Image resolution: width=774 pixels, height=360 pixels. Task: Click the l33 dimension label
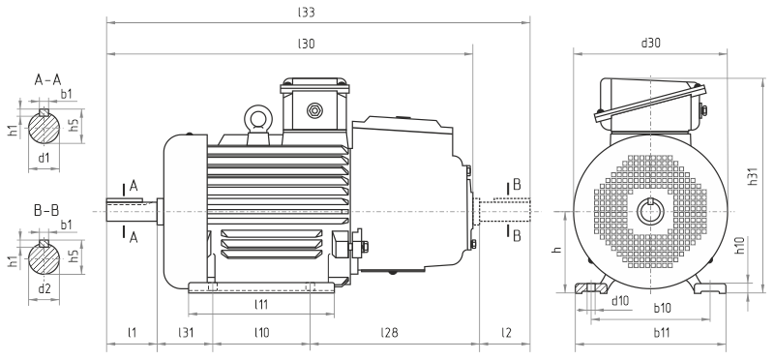[306, 13]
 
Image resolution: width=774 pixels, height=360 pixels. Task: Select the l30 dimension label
[306, 44]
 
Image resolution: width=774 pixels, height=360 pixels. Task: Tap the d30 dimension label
[650, 43]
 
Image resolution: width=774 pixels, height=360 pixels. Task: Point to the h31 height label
[753, 176]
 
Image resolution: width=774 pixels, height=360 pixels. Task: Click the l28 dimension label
[390, 332]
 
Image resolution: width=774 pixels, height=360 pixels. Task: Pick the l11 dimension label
[261, 305]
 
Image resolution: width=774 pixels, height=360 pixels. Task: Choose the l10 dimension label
[261, 332]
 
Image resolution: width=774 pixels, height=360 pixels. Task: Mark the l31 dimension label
[186, 332]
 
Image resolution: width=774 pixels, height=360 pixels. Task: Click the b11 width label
[662, 332]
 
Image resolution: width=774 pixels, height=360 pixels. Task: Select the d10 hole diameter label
[620, 300]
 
